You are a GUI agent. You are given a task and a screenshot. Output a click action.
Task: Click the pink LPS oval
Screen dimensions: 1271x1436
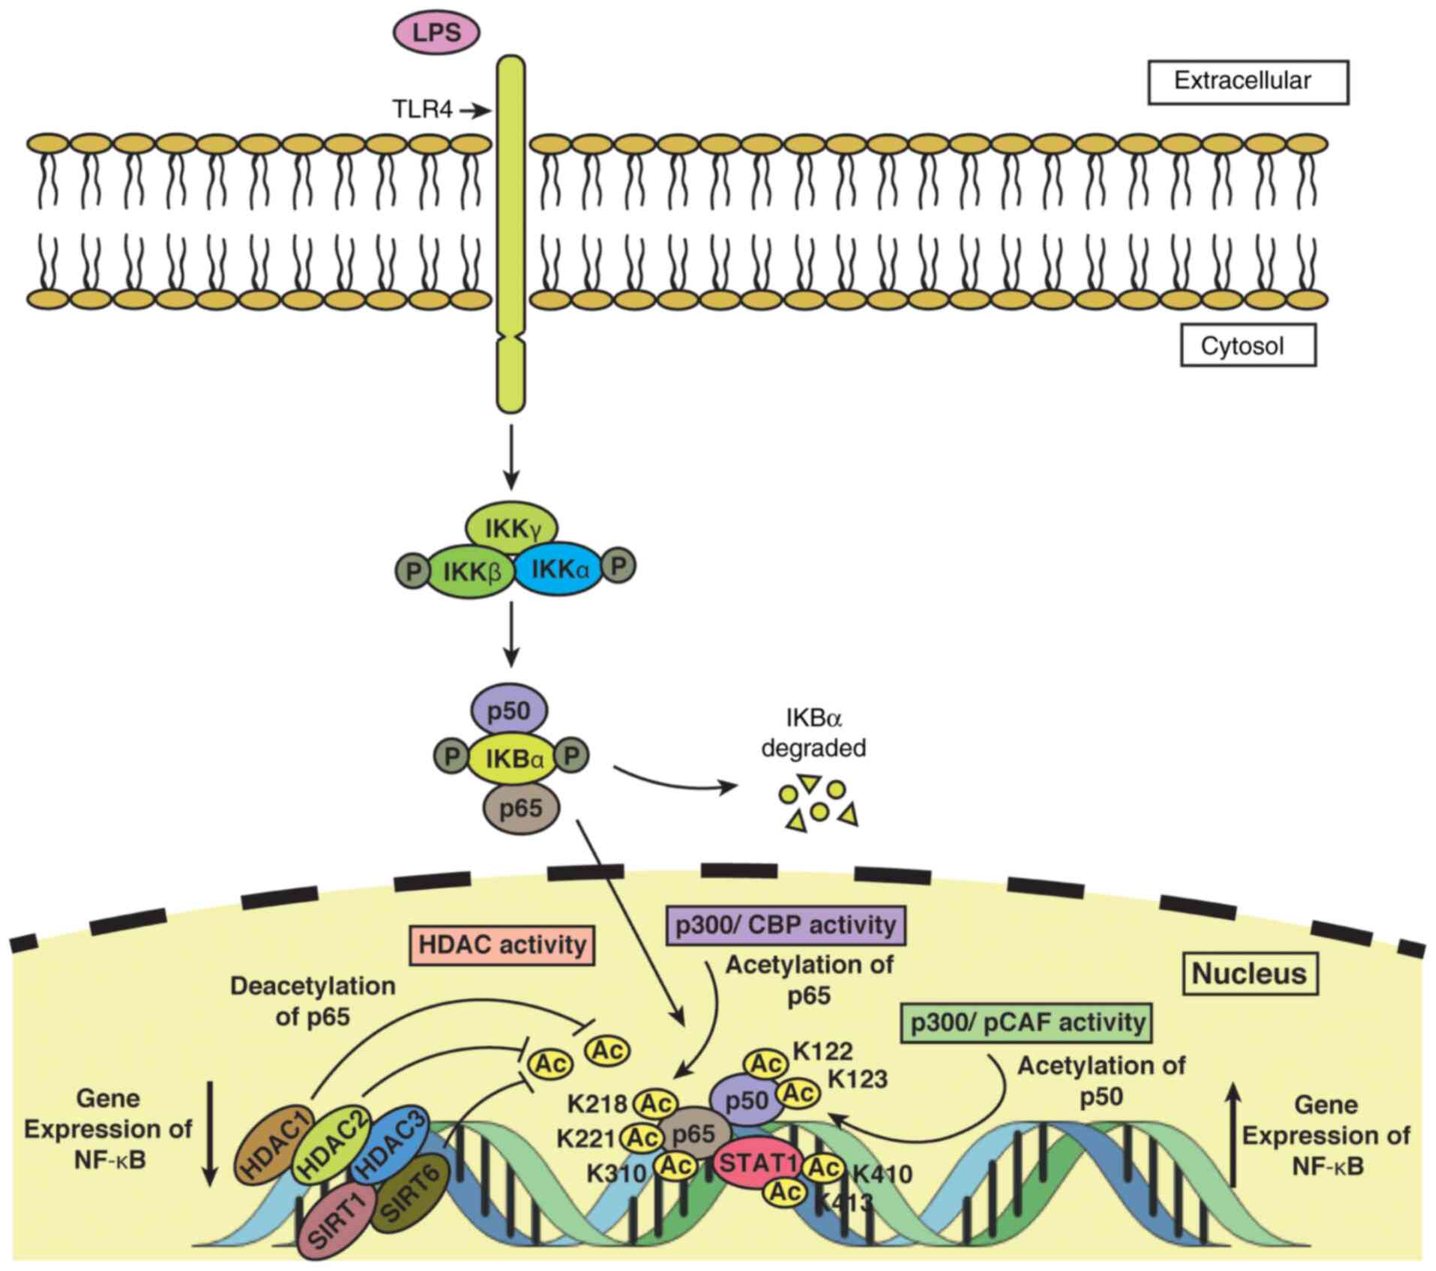tap(437, 32)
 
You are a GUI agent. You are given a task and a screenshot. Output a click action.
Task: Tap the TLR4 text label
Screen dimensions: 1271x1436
tap(423, 110)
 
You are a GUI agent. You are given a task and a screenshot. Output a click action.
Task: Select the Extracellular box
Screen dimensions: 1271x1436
tap(1248, 81)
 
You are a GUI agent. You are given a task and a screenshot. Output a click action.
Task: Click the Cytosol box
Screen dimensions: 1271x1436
tap(1248, 345)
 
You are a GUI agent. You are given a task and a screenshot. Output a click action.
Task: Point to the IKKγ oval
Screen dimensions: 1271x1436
tap(512, 529)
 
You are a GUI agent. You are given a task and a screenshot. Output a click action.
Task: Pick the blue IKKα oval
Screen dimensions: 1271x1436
tap(560, 570)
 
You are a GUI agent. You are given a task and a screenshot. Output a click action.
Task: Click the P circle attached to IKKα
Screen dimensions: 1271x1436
tap(619, 566)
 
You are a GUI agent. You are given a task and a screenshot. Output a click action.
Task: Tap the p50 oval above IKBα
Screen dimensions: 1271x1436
tap(509, 710)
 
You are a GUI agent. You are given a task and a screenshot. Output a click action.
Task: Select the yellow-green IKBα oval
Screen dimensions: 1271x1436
tap(513, 758)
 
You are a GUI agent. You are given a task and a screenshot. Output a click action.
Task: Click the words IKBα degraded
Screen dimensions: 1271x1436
tap(814, 733)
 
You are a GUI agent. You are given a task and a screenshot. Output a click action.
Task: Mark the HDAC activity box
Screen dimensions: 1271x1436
tap(502, 944)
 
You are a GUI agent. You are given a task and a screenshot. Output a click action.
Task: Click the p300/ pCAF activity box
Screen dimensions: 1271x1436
tap(1027, 1022)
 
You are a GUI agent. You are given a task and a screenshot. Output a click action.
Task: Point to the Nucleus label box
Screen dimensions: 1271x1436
tap(1250, 974)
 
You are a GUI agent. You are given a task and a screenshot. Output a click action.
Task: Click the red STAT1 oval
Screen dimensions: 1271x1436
tap(757, 1164)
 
